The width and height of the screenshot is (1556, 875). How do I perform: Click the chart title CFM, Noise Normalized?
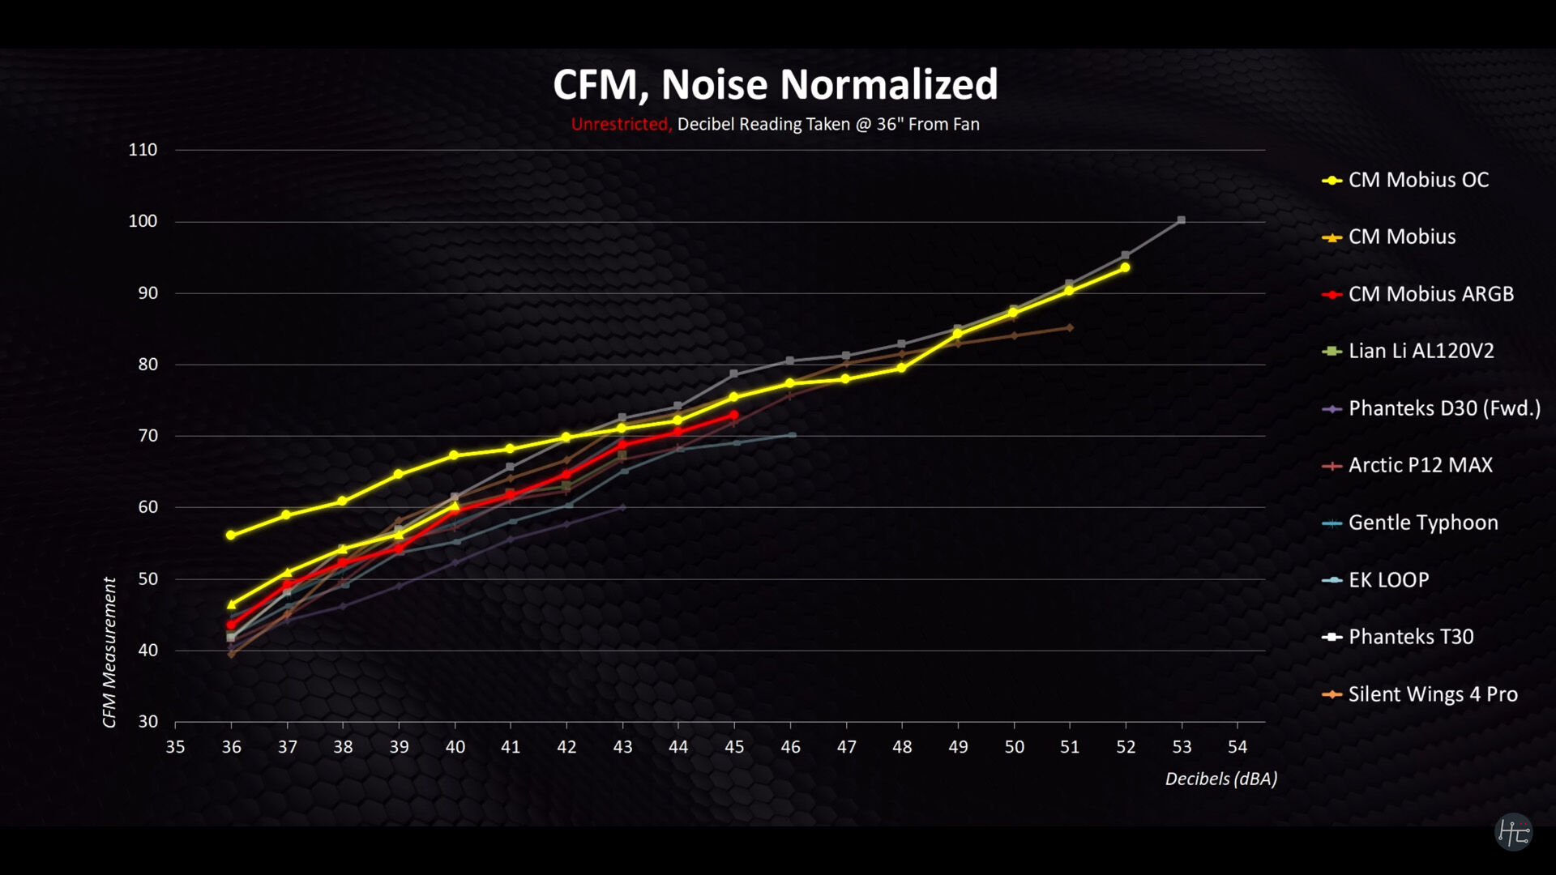tap(775, 84)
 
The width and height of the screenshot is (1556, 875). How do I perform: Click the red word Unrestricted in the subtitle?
tap(620, 124)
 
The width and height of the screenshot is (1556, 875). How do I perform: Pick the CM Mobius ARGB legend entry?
tap(1430, 294)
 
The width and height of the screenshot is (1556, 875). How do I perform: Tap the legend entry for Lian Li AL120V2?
tap(1420, 351)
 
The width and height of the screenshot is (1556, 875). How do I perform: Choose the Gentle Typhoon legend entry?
tap(1422, 523)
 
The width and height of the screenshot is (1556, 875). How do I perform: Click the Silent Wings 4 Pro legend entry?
tap(1432, 694)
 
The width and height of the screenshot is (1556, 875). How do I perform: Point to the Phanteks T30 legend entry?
tap(1410, 637)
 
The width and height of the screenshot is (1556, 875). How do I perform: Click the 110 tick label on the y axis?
tap(143, 150)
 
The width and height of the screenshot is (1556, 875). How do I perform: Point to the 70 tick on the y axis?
tap(147, 436)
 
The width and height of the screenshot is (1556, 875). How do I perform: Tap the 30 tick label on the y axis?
tap(147, 721)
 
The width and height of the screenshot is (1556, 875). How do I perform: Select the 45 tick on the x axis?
tap(734, 747)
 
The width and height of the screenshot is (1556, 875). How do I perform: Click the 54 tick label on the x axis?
tap(1238, 747)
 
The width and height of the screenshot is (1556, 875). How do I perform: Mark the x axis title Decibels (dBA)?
tap(1220, 779)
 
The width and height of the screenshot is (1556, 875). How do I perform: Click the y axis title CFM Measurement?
tap(109, 652)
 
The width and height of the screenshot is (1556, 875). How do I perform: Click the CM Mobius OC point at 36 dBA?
tap(231, 536)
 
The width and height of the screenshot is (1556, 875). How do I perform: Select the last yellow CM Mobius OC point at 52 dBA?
tap(1125, 267)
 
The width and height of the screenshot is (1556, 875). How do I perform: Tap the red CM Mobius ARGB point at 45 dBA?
tap(734, 415)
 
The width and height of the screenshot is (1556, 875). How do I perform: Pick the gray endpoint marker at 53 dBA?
tap(1182, 220)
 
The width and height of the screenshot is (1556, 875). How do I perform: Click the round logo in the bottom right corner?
tap(1513, 832)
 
